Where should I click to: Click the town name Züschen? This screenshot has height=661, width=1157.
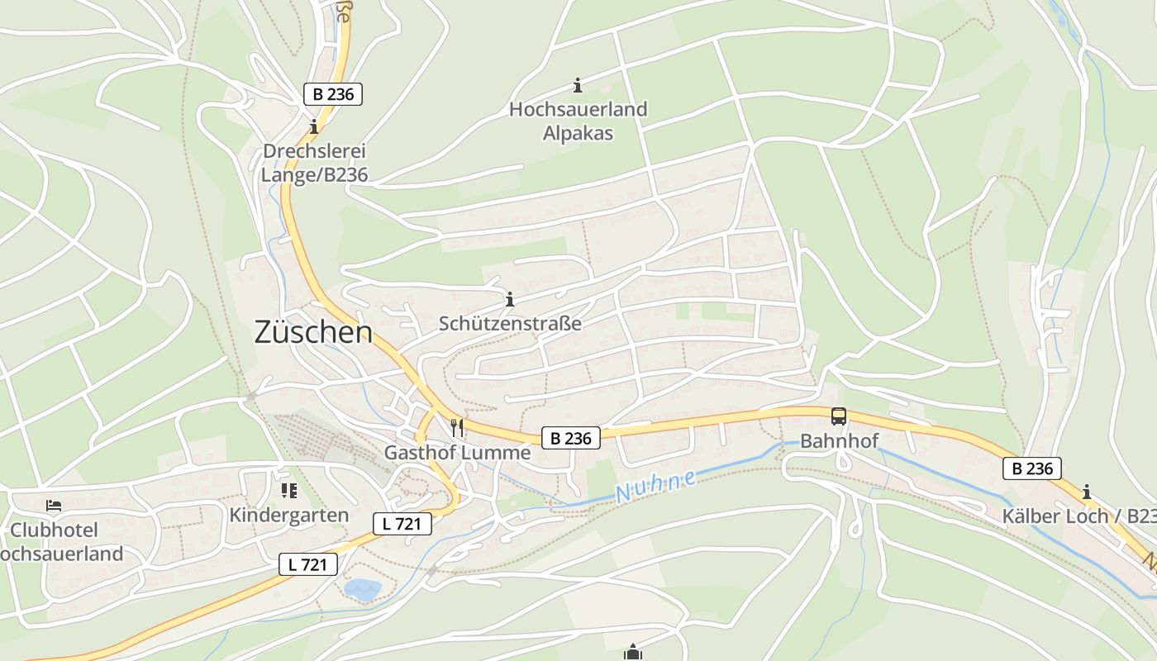click(313, 332)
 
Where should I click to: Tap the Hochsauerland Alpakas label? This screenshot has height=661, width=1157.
click(578, 121)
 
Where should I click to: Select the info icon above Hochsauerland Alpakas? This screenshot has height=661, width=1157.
click(578, 85)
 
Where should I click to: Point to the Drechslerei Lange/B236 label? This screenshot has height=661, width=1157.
click(314, 163)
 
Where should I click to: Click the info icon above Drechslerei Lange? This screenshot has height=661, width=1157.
click(314, 127)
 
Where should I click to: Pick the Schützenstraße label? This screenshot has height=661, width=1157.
click(510, 323)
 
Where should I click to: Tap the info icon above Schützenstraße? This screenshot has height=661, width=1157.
click(510, 299)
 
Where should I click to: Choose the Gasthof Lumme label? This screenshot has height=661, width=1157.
click(457, 453)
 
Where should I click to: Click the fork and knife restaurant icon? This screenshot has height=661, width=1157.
click(457, 427)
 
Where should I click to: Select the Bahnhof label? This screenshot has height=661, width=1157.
click(839, 440)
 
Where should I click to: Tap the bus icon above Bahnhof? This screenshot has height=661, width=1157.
click(839, 416)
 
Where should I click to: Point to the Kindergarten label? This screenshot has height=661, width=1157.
click(289, 515)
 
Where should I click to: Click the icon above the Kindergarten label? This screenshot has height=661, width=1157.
click(289, 491)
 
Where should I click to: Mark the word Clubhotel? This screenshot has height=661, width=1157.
click(54, 530)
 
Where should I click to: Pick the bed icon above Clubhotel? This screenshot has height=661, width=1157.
click(54, 505)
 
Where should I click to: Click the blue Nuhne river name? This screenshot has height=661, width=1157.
click(656, 485)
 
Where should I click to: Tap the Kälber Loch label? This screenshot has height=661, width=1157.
click(1078, 516)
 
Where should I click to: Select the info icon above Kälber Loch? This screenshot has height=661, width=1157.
click(1087, 492)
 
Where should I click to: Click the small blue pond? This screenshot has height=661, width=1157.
click(362, 589)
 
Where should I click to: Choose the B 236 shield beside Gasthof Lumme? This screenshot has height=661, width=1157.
click(571, 438)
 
